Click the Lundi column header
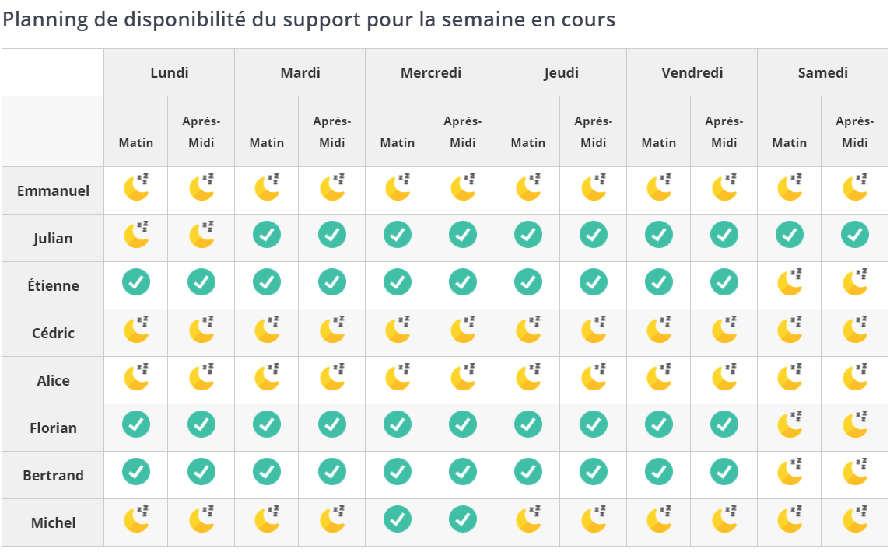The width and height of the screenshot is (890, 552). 170,73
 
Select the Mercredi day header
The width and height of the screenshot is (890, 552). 431,73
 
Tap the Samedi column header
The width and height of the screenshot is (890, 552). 823,73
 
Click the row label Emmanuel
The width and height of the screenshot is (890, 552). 53,191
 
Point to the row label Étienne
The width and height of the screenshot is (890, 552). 53,286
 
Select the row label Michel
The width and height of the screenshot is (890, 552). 53,523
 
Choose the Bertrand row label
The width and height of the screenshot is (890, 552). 53,476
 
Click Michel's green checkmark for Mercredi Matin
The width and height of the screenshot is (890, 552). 398,519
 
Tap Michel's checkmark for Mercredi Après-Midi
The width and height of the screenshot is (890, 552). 463,519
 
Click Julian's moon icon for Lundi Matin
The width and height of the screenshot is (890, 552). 136,235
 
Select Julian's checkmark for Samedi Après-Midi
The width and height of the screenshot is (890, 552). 855,235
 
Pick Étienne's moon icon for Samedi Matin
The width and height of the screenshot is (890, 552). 790,282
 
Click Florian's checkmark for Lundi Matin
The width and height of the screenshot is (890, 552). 136,424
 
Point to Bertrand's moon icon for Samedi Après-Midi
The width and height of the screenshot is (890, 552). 855,472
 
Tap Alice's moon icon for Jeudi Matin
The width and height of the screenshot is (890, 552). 528,377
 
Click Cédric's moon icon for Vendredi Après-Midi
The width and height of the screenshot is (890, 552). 724,330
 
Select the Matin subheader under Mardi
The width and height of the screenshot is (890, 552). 267,143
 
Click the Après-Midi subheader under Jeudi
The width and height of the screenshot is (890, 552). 594,132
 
